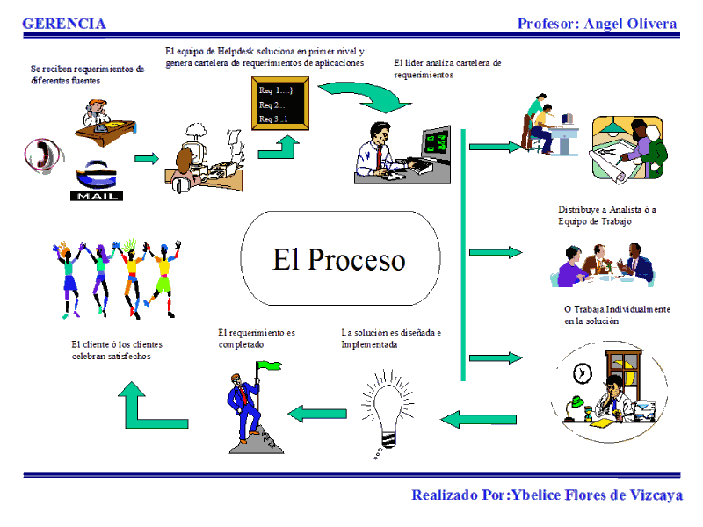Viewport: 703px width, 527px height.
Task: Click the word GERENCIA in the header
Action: (64, 24)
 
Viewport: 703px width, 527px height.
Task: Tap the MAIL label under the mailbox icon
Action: (97, 196)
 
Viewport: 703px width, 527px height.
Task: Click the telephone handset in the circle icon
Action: (42, 154)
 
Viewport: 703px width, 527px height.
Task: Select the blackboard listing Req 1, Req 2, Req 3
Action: (280, 103)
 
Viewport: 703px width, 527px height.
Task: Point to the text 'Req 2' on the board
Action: (271, 105)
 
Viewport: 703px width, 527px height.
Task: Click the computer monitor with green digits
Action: (435, 146)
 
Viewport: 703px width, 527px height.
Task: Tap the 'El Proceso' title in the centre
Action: (339, 259)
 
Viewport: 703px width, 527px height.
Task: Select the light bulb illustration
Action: (388, 412)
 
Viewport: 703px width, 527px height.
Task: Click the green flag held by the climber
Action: (269, 365)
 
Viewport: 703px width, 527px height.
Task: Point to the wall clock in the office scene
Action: (583, 372)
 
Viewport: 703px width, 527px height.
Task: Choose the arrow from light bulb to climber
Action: (317, 414)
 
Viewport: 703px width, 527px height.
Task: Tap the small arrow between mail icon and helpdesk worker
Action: (147, 158)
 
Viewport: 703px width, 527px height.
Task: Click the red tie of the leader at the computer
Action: (380, 157)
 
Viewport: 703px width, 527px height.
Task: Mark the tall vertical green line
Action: (463, 255)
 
